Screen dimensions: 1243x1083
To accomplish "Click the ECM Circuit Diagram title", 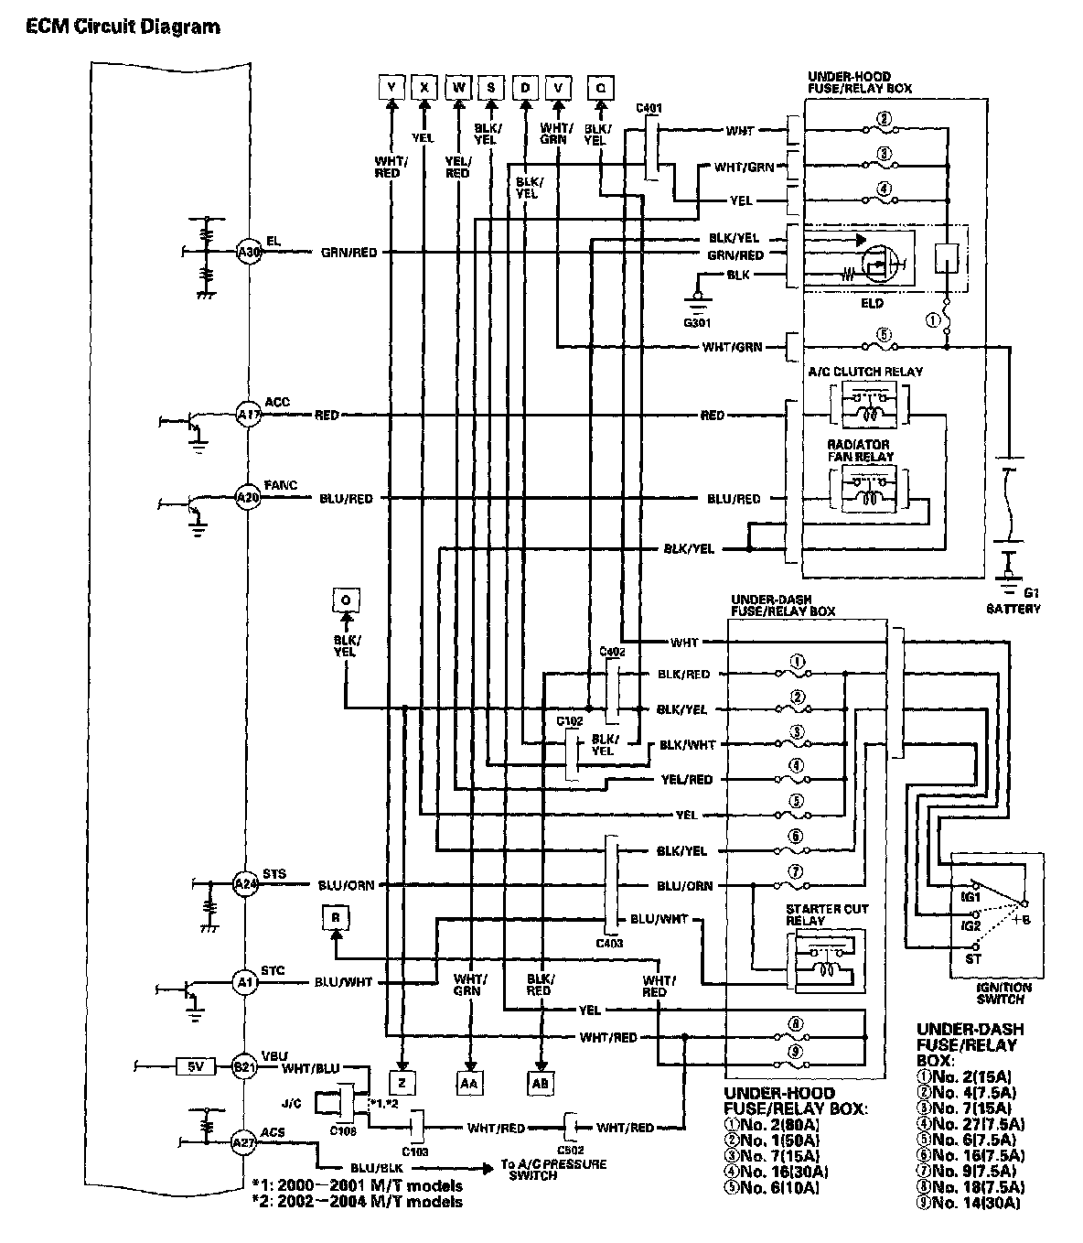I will [123, 27].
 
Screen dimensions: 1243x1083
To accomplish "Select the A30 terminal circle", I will [248, 253].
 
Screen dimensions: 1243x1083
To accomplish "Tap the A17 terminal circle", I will [248, 415].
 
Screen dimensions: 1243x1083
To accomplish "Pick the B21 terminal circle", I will [243, 1066].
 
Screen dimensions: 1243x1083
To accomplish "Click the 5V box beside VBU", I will [196, 1066].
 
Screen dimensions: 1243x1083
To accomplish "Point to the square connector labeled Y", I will [391, 87].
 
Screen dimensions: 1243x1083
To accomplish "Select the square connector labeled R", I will [336, 917].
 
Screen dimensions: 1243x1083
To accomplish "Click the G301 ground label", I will [697, 322].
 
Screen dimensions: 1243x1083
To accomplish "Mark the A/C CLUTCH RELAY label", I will [865, 372].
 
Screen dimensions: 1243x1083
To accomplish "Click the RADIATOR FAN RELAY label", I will [859, 450].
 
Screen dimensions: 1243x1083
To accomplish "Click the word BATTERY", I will [1013, 609].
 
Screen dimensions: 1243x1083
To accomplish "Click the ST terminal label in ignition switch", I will [973, 958].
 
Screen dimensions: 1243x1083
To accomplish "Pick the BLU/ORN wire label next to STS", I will [347, 885].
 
